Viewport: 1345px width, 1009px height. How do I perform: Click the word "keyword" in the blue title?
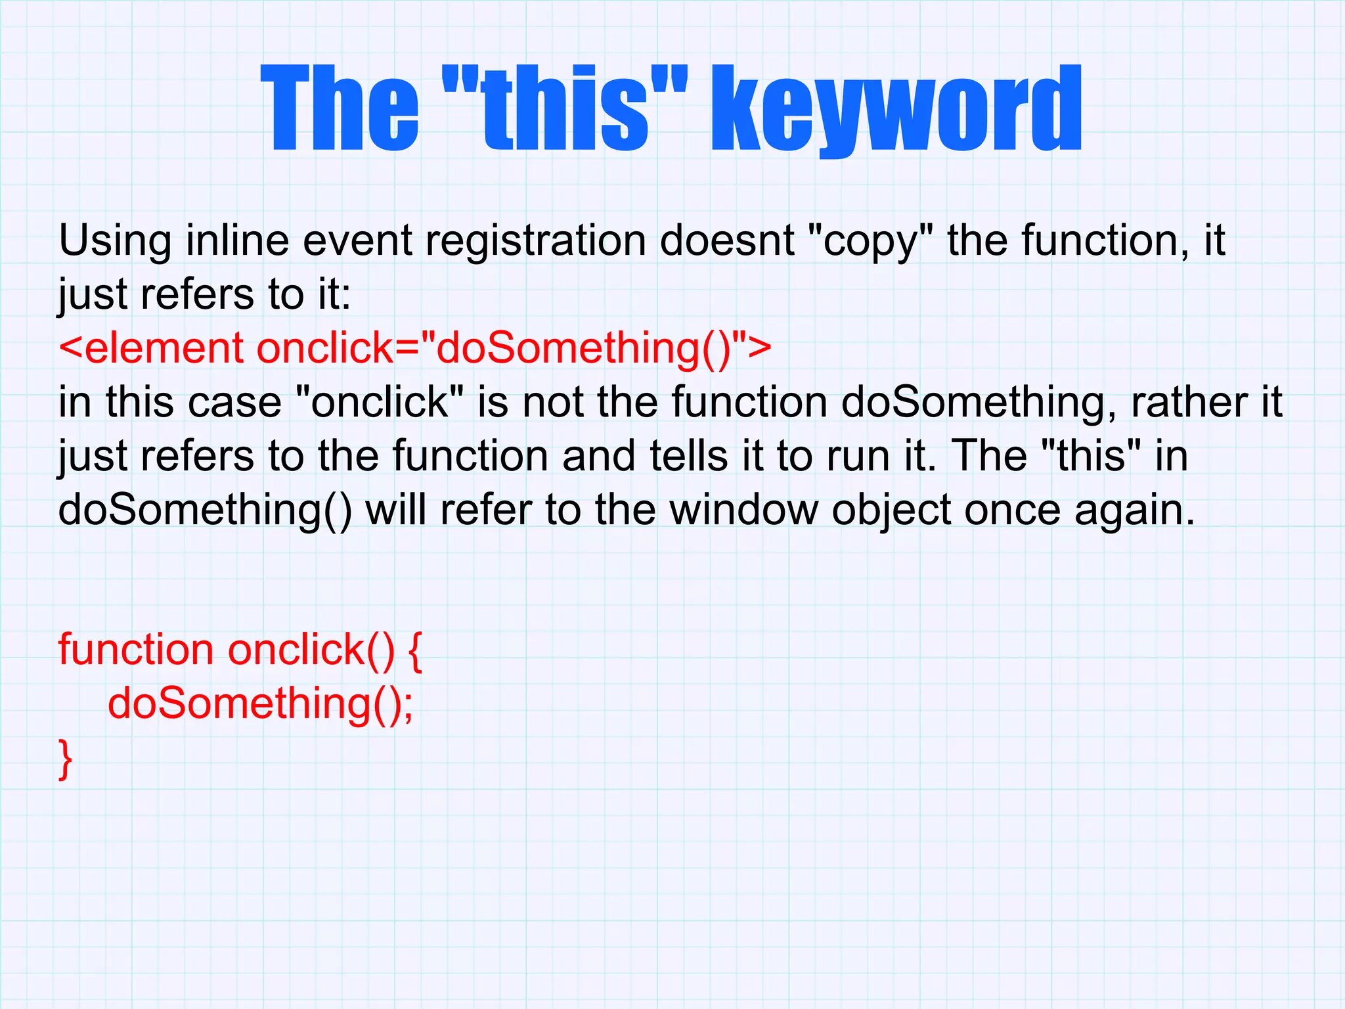[897, 108]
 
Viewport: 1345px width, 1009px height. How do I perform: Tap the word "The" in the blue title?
[340, 108]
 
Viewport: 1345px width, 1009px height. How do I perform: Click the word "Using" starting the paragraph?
[115, 242]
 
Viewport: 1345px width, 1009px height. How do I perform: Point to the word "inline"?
[237, 240]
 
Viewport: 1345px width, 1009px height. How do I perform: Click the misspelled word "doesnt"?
[727, 240]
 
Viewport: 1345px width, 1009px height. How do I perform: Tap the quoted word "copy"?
[870, 242]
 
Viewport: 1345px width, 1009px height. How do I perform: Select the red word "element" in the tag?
[164, 348]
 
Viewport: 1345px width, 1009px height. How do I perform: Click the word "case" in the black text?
[234, 403]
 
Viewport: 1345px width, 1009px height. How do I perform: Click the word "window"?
[744, 510]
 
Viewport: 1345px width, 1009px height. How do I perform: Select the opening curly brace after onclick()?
[415, 652]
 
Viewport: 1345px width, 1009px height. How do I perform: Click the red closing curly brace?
[65, 759]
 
